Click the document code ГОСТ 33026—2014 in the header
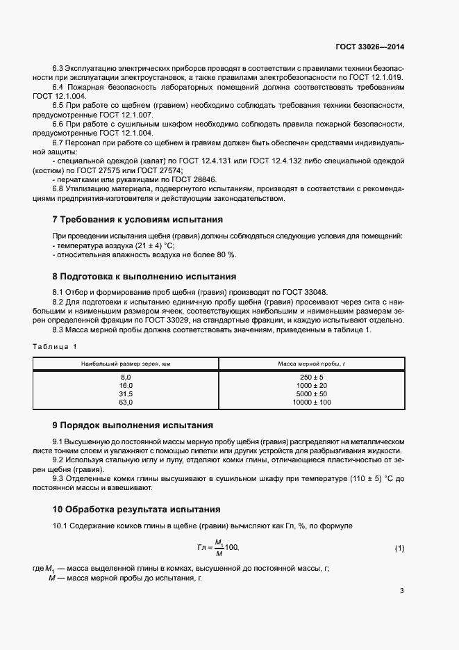(x=369, y=47)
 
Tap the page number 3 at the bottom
(x=401, y=591)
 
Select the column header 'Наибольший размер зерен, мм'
(x=126, y=364)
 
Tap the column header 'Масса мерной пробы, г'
(x=311, y=364)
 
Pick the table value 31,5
(x=126, y=393)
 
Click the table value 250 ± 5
(x=311, y=377)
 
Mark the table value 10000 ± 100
(x=311, y=402)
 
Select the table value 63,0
(x=126, y=402)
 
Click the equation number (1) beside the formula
(x=399, y=549)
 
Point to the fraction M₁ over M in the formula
(x=218, y=548)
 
